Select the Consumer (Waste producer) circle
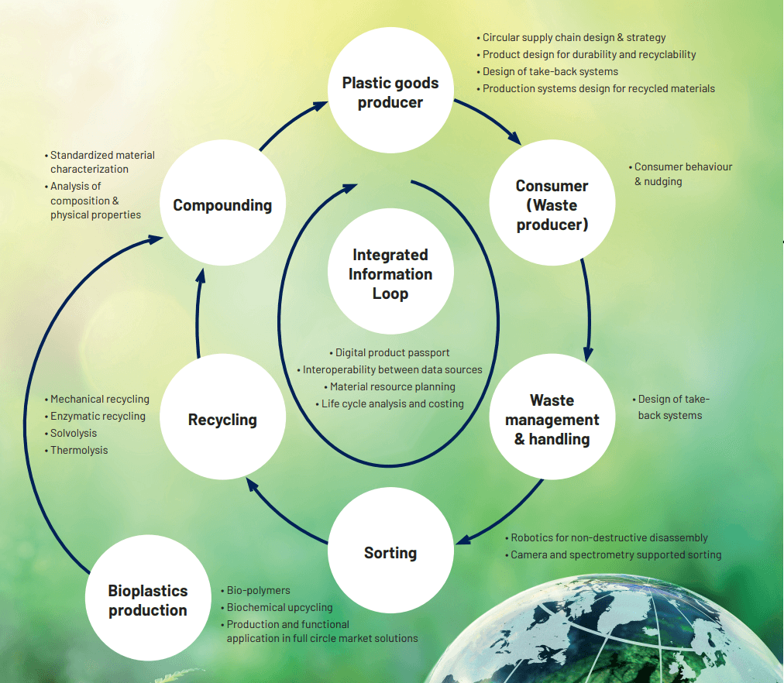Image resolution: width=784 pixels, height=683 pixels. pyautogui.click(x=552, y=205)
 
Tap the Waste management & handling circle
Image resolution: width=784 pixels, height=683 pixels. pyautogui.click(x=552, y=420)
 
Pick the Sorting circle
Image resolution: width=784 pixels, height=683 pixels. pyautogui.click(x=390, y=552)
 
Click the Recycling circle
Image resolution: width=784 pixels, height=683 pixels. pyautogui.click(x=222, y=420)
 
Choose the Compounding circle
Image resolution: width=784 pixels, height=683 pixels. pyautogui.click(x=222, y=205)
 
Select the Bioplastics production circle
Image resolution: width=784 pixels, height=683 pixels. pyautogui.click(x=147, y=600)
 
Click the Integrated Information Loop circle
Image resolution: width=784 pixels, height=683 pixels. pyautogui.click(x=390, y=274)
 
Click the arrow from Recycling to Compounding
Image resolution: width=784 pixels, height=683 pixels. pyautogui.click(x=198, y=310)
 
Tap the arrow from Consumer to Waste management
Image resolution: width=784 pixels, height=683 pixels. pyautogui.click(x=586, y=310)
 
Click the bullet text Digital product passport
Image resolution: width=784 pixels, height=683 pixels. pyautogui.click(x=392, y=353)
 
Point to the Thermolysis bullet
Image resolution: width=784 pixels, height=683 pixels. pyautogui.click(x=79, y=451)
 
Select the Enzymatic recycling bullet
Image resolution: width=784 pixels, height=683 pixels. pyautogui.click(x=98, y=417)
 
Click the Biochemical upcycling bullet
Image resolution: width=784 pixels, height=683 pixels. pyautogui.click(x=279, y=608)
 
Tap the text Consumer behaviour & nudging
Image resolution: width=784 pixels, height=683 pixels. pyautogui.click(x=683, y=174)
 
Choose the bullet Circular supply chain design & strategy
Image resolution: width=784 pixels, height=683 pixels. pyautogui.click(x=573, y=37)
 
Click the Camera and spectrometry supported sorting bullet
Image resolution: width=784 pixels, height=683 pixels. pyautogui.click(x=616, y=555)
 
